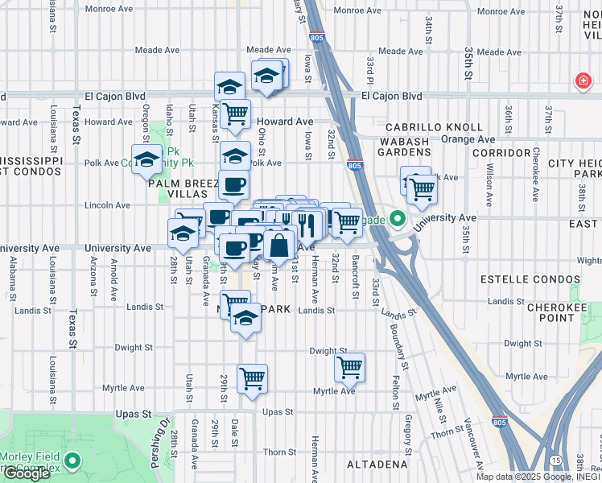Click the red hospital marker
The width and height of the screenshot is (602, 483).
coord(582,81)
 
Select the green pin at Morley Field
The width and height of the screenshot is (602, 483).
coord(73,461)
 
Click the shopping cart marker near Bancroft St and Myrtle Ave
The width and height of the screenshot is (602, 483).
coord(349,367)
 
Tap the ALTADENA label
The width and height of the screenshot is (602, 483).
coord(377,465)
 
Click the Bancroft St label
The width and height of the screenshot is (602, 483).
coord(355,277)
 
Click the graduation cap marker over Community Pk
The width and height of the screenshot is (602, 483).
coord(146,159)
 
